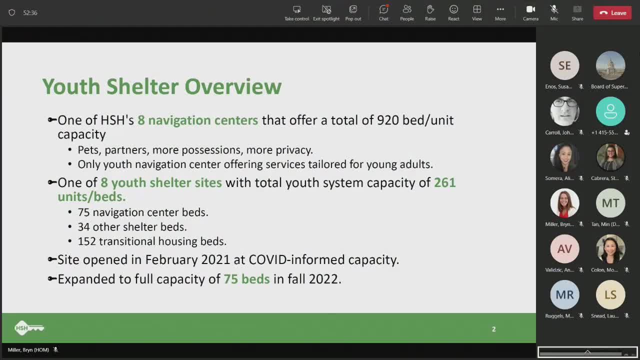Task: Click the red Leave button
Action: (612, 13)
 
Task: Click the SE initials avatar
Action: (564, 65)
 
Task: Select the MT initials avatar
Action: (610, 203)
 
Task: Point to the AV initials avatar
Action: (564, 248)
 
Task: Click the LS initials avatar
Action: (610, 294)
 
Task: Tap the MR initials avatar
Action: (564, 294)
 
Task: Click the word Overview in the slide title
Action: (233, 86)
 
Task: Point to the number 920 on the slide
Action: (387, 120)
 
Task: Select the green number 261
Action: (444, 182)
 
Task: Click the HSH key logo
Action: (29, 328)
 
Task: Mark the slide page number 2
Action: (493, 329)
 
